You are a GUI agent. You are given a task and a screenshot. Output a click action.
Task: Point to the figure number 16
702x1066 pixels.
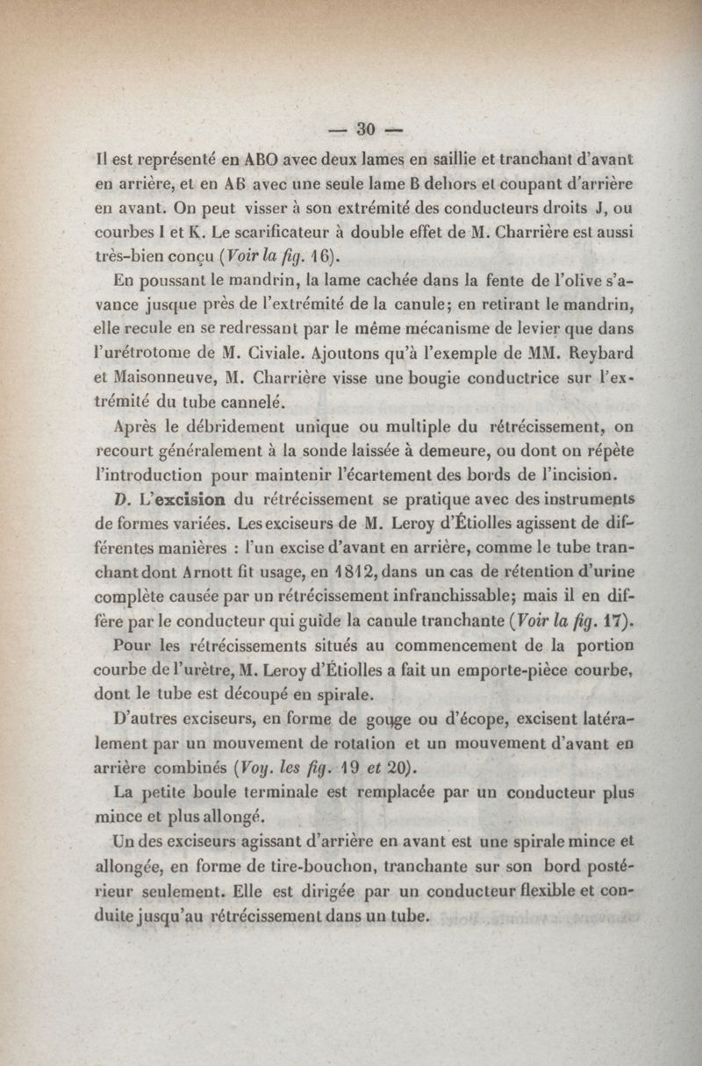click(x=319, y=258)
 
